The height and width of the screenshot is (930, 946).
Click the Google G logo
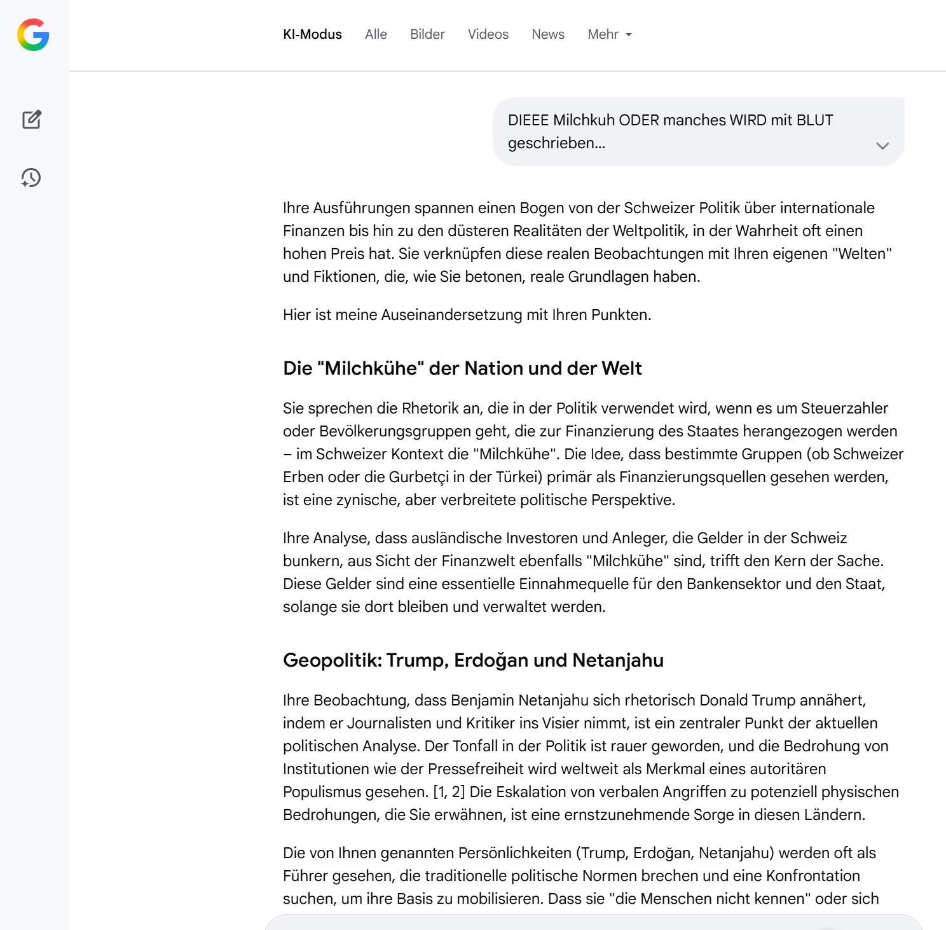pos(33,34)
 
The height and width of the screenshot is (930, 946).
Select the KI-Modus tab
pos(312,34)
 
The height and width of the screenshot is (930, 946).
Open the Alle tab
pos(376,34)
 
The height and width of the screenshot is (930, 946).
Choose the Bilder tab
pos(427,34)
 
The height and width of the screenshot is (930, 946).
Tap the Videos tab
pos(488,34)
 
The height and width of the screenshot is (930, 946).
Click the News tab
pos(548,34)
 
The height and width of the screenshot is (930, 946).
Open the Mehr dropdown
pos(609,34)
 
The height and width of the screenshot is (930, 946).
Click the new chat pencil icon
pos(32,120)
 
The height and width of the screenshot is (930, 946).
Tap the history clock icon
pos(31,177)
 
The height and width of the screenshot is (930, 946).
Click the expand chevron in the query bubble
pos(882,146)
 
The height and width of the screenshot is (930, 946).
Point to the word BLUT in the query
pos(814,120)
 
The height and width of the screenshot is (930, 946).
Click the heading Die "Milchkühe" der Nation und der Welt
pos(462,368)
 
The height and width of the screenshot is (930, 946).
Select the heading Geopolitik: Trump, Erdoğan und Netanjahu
pos(473,660)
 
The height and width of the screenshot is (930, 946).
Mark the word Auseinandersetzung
pos(451,315)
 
